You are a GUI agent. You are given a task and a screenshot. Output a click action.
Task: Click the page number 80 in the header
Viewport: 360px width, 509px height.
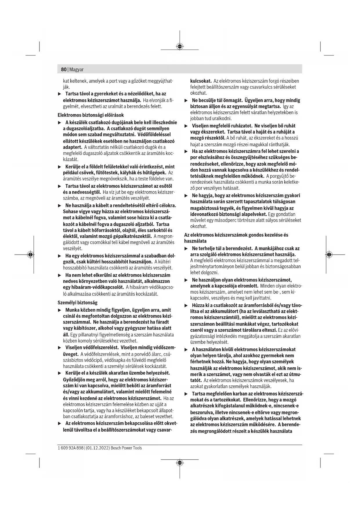coord(64,70)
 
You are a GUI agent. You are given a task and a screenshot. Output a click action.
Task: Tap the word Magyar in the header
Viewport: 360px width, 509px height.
coord(76,70)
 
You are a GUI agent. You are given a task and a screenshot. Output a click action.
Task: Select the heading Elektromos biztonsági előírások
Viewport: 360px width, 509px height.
coord(91,115)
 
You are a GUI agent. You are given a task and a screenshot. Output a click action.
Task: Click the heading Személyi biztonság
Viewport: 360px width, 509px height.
coord(77,303)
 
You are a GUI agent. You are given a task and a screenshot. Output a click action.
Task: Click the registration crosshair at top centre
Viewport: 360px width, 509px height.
coord(180,46)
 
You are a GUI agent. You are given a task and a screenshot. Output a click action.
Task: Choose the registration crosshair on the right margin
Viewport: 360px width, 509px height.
coord(329,255)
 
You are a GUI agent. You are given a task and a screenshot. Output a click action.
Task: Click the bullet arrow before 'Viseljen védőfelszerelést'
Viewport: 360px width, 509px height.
coord(60,348)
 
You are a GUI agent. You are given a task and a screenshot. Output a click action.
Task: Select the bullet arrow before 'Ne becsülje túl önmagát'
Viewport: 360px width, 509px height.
coord(186,100)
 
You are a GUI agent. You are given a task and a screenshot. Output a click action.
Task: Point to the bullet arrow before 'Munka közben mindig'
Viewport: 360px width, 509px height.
coord(60,310)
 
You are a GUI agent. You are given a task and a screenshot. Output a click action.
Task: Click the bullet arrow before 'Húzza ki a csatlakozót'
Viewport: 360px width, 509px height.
coord(186,306)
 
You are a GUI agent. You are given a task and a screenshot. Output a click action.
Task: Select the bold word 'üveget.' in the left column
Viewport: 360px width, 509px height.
coord(70,354)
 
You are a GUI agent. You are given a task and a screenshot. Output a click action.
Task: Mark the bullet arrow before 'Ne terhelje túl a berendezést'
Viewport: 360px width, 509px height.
coord(186,248)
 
